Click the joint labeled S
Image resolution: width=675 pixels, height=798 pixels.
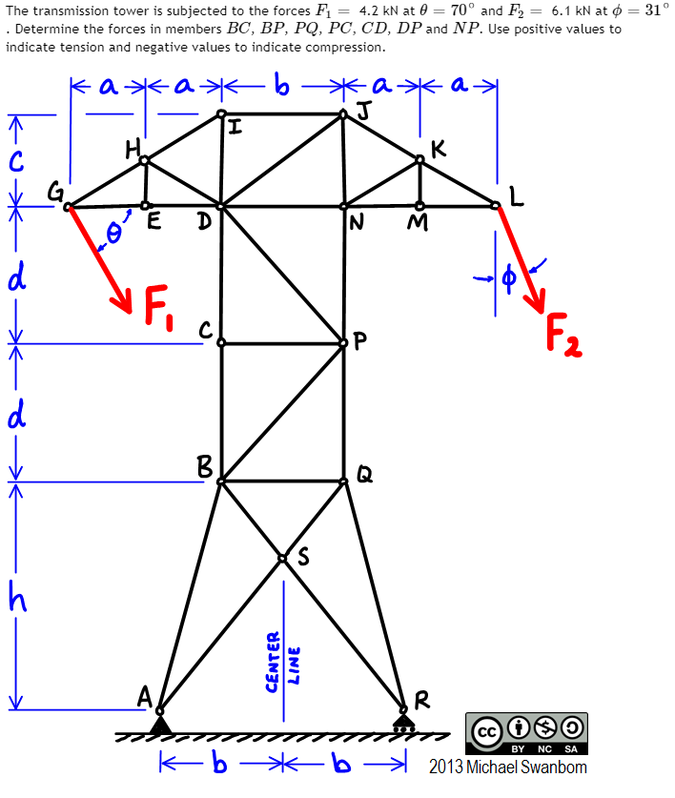pyautogui.click(x=282, y=558)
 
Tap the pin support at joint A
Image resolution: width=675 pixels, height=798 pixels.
pyautogui.click(x=160, y=724)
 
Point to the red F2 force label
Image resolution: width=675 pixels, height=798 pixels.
pyautogui.click(x=563, y=336)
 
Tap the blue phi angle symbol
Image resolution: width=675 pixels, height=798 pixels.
pyautogui.click(x=508, y=277)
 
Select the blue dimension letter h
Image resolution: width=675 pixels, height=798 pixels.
pyautogui.click(x=15, y=597)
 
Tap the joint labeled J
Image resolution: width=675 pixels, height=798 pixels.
pyautogui.click(x=344, y=114)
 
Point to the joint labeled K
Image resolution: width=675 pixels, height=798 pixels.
pyautogui.click(x=420, y=160)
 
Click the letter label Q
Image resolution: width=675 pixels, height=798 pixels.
pyautogui.click(x=363, y=473)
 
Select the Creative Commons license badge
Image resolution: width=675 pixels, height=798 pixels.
pyautogui.click(x=526, y=735)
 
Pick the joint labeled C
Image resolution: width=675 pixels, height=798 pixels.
pyautogui.click(x=221, y=342)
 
